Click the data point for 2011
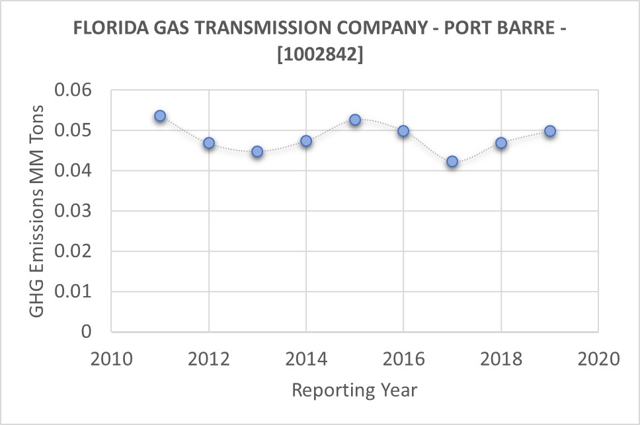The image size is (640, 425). pyautogui.click(x=160, y=116)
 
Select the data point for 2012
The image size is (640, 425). pyautogui.click(x=209, y=143)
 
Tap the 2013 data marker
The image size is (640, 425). pyautogui.click(x=257, y=151)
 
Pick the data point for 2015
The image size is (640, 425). pyautogui.click(x=355, y=120)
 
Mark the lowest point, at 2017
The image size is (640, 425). pyautogui.click(x=452, y=161)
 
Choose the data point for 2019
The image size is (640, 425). pyautogui.click(x=549, y=131)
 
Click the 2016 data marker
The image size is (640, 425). pyautogui.click(x=403, y=131)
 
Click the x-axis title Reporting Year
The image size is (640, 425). pyautogui.click(x=355, y=390)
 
